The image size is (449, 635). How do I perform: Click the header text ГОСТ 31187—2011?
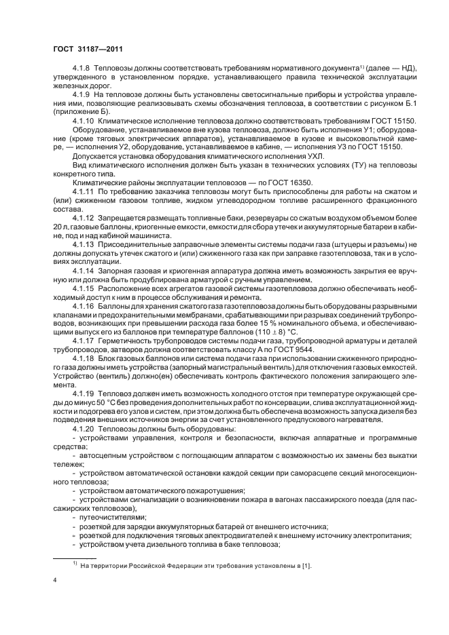click(x=87, y=49)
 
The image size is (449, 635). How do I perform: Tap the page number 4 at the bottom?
click(x=55, y=581)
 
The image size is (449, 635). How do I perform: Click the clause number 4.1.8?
click(x=82, y=70)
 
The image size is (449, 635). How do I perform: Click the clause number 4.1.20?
click(x=84, y=432)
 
